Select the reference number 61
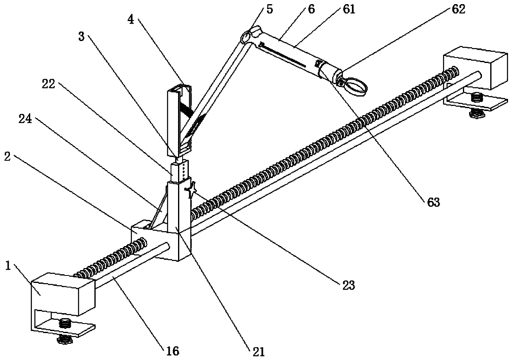tap(349, 10)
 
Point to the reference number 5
tap(270, 10)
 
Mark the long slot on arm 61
tap(282, 55)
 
